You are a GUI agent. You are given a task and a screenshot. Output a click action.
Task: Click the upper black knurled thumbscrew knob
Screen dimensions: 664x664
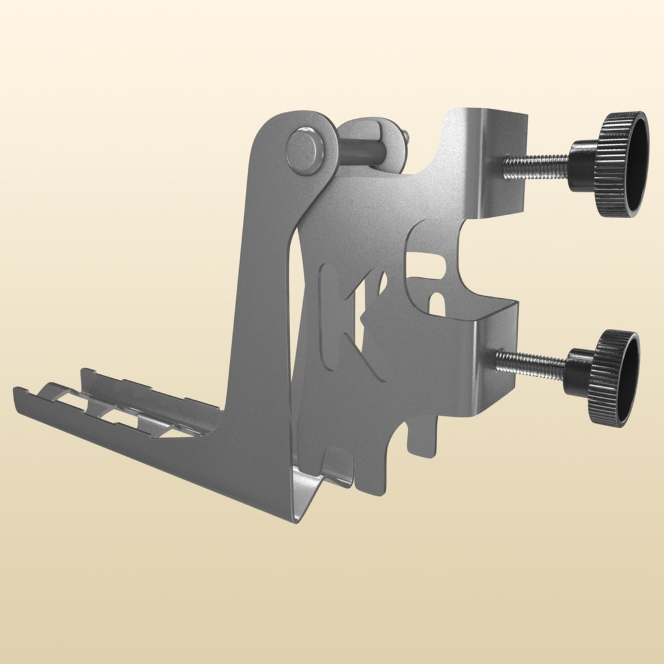point(615,165)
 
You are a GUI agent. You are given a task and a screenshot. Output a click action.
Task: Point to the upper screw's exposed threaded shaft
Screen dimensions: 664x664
point(535,166)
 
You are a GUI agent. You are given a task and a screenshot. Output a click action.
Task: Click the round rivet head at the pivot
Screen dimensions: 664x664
point(305,151)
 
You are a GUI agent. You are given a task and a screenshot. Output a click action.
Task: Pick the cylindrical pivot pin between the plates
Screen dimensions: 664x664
point(363,152)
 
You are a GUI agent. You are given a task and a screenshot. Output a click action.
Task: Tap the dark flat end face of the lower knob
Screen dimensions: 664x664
point(629,378)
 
